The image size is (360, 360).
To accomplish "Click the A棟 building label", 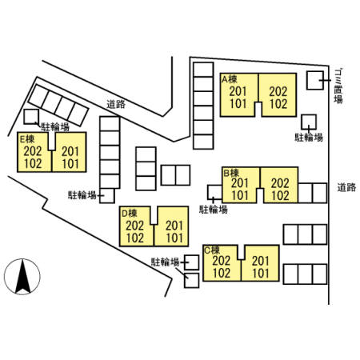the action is [230, 79].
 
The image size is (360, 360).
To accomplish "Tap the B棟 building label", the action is [231, 173].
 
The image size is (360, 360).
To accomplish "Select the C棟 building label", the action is [212, 250].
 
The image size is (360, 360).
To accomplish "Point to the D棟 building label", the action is [130, 213].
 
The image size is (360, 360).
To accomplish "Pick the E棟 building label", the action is [27, 138].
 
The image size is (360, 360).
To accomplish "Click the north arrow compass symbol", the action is [22, 277].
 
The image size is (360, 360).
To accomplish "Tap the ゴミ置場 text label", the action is [338, 86].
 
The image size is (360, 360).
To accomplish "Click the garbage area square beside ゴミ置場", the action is [315, 80].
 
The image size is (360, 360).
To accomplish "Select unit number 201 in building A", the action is [238, 91].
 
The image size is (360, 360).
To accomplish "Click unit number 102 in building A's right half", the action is [278, 104].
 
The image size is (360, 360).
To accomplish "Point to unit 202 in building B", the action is [280, 183].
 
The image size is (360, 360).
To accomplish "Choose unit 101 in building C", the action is [261, 274].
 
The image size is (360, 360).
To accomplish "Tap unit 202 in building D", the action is [135, 226].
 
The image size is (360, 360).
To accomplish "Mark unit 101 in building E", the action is [70, 164].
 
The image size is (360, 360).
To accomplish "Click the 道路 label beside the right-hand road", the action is [346, 187].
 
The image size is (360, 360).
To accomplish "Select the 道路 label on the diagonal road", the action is [116, 104].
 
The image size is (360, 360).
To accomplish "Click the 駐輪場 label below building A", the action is [309, 138].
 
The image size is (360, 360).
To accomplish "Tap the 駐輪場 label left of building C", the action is [165, 262].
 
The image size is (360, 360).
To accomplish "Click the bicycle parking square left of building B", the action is [215, 192].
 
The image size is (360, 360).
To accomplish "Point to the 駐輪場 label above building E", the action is [55, 127].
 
